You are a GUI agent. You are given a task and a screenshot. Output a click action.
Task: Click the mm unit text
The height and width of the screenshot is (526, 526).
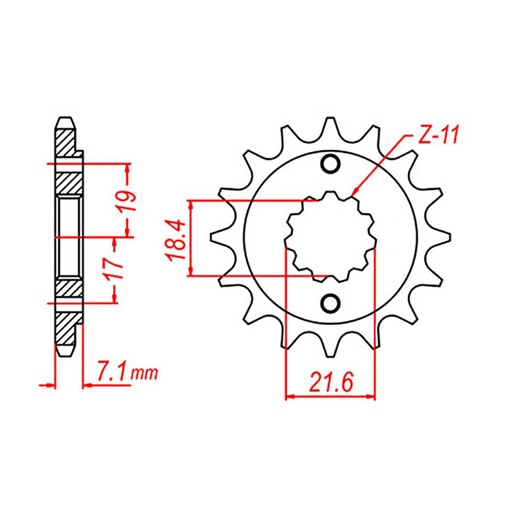[144, 374]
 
